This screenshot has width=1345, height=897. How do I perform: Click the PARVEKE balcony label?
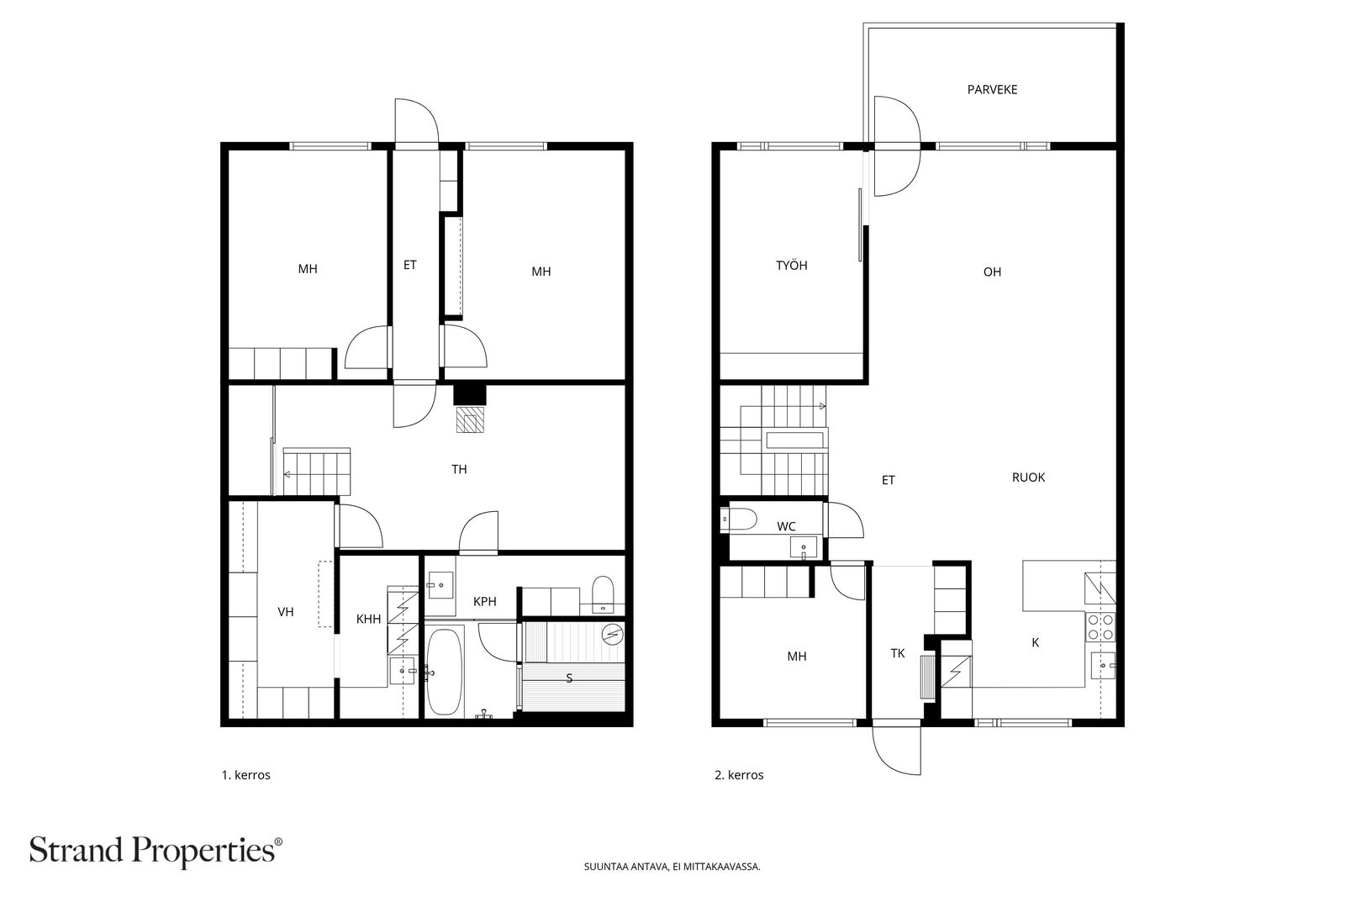coord(992,89)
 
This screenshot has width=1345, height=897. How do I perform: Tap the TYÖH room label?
coord(791,266)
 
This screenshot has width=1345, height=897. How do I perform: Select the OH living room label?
coord(992,272)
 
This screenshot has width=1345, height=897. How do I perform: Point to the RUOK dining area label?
coord(1028,478)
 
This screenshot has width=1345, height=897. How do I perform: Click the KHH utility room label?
coord(369,619)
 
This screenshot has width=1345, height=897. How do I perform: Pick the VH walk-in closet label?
coord(286,612)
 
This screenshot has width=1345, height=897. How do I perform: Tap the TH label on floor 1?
coord(459,469)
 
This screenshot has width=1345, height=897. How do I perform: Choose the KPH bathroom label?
coord(484,602)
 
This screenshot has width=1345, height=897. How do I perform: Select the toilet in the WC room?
coord(739,520)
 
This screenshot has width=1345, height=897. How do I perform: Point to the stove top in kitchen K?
coord(1100,626)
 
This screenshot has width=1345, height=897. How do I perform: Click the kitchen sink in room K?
coord(1103,665)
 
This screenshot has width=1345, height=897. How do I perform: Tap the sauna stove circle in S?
coord(613,634)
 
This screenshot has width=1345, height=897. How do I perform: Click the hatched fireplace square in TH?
coord(470,419)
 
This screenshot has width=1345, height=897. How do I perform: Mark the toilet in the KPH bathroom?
coord(602,594)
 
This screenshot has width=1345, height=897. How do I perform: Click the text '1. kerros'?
coord(246,775)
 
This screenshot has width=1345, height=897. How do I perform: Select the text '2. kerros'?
coord(739,775)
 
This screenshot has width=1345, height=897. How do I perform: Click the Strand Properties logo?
coord(156,851)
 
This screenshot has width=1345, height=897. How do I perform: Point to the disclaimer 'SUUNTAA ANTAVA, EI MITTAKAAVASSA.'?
coord(672,867)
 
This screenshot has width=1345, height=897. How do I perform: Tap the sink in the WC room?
coord(804,547)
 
